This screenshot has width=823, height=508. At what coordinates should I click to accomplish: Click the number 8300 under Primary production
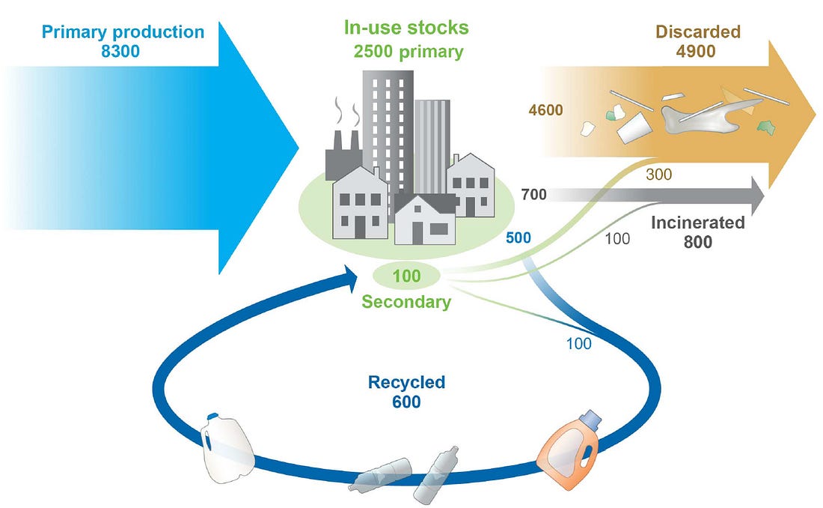120,52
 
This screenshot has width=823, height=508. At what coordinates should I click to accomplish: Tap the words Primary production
123,31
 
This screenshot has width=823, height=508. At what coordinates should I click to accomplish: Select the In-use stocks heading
406,27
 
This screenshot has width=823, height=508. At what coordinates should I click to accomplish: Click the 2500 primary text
409,52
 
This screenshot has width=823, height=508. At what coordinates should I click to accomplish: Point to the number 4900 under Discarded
696,52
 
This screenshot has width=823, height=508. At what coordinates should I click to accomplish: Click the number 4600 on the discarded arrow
546,110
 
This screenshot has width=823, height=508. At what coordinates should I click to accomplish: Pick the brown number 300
658,174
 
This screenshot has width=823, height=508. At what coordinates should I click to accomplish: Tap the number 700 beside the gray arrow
533,195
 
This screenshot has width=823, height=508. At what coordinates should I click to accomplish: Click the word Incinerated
697,223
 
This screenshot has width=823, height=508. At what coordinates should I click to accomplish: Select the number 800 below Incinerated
698,242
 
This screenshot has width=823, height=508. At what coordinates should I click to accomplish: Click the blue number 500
518,238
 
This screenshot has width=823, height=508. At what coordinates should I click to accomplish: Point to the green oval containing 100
406,276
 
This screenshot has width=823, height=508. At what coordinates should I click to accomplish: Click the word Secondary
406,302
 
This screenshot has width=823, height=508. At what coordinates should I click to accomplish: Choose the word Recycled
406,382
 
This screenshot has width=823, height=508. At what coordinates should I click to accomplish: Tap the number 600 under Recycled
406,402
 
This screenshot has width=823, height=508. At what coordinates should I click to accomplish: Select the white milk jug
226,447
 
